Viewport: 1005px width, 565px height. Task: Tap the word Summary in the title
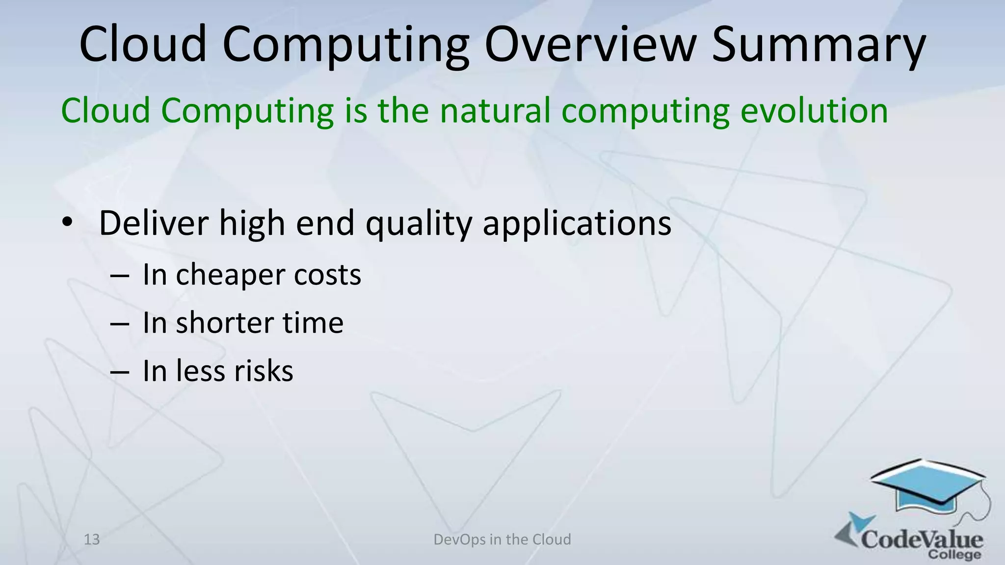(x=819, y=45)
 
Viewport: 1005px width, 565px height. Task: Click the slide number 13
(x=92, y=539)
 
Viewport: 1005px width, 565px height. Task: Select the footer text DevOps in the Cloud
(x=502, y=539)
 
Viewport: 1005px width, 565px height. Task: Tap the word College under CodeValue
(x=954, y=555)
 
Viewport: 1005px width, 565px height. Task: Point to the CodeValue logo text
(x=922, y=539)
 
